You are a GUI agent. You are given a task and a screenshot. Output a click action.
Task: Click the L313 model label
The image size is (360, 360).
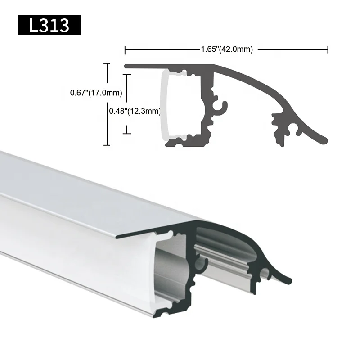tap(49, 25)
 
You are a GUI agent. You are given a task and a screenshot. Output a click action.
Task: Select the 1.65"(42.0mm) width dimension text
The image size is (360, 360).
tap(226, 49)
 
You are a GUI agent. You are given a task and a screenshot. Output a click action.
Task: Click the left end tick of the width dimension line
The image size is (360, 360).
tap(125, 49)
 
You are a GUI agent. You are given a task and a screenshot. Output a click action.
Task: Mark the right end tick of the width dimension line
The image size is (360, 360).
tap(328, 49)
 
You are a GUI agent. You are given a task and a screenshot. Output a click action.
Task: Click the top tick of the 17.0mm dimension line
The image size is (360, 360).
tap(107, 64)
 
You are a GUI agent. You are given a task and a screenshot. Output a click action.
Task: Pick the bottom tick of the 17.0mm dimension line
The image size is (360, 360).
tap(107, 144)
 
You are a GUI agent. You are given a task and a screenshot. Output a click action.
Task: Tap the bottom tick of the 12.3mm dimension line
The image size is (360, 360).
tap(128, 133)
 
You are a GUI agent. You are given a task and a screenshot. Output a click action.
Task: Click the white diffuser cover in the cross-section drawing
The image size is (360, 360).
tap(164, 106)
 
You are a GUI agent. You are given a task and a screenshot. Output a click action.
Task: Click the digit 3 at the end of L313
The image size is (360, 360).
tap(64, 25)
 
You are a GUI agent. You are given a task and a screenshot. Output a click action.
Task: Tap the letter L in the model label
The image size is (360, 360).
tap(34, 25)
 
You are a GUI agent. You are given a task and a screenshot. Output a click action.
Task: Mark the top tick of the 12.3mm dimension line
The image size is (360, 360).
tap(128, 75)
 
